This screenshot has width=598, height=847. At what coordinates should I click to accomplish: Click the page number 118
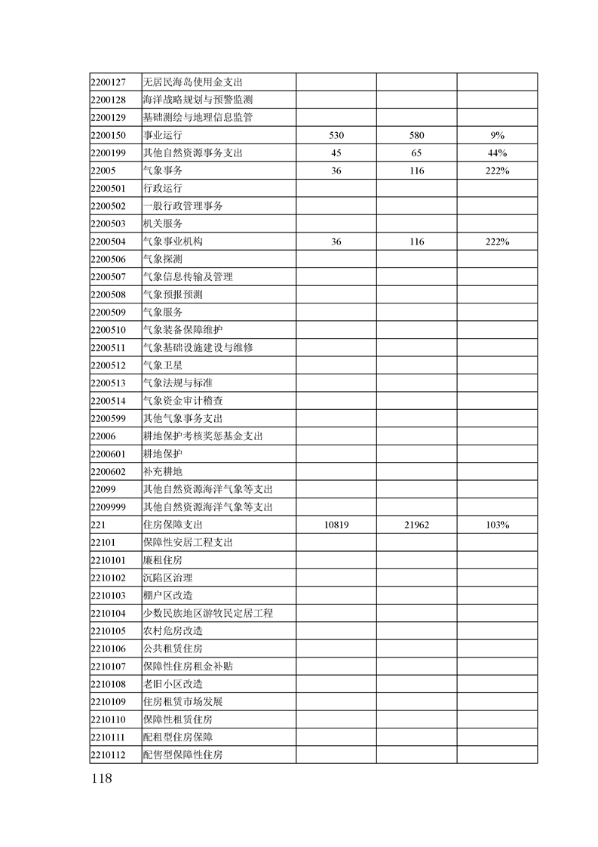(100, 778)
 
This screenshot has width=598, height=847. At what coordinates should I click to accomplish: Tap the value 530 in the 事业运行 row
(336, 135)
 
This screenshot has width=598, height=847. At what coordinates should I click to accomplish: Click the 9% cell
(497, 135)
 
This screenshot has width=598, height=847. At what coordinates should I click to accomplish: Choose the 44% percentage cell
(497, 153)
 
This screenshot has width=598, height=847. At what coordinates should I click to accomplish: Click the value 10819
(336, 525)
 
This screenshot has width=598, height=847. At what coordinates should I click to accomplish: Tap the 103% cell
(497, 525)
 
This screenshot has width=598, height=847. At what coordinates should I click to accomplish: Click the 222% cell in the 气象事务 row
(497, 171)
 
